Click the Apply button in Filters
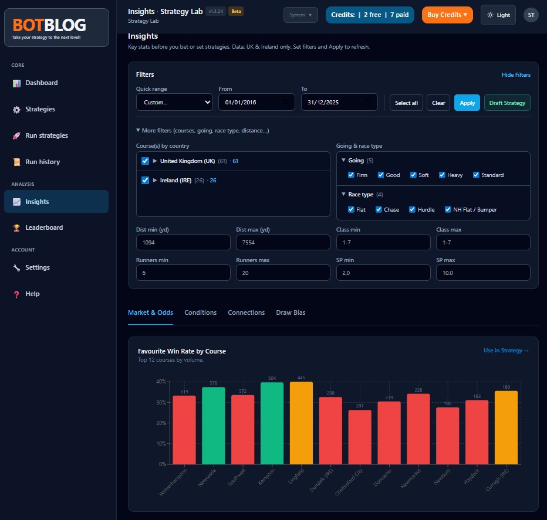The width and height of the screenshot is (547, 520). pos(467,103)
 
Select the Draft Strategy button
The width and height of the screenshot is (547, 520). pos(507,103)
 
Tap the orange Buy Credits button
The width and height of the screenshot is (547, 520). pos(447,15)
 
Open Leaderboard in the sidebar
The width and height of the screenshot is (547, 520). pos(44,227)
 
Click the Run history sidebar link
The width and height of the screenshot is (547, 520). pos(42,162)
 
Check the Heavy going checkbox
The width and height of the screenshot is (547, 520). pos(442,175)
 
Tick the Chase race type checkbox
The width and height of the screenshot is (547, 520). pos(379,209)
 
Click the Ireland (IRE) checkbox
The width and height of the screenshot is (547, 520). pos(145,181)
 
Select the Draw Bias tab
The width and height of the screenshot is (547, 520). pos(291,312)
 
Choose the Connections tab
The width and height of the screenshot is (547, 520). pos(246,312)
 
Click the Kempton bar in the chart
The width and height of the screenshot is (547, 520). pos(272,423)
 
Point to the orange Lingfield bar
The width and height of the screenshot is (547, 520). pos(301,423)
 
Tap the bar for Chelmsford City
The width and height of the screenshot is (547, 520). pos(360,437)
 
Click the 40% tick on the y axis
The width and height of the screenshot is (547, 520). pos(161,382)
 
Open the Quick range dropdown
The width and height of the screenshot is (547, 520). pos(174,103)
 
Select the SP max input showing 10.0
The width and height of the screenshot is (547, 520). pos(483,273)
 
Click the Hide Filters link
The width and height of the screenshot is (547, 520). pos(516,75)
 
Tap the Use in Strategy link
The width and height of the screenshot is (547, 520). pos(506,351)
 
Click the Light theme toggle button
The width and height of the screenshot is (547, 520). pos(498,15)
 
